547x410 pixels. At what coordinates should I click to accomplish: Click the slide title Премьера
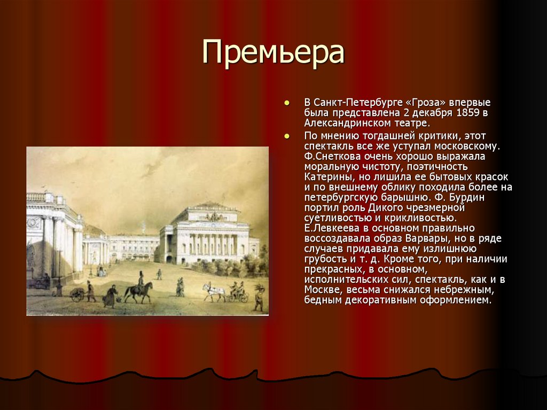point(273,53)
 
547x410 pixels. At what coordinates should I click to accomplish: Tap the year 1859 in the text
point(468,113)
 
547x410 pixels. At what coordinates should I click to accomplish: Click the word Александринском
point(343,123)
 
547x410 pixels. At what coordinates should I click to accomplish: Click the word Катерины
point(329,176)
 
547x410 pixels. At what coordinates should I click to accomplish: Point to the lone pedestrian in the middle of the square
point(159,274)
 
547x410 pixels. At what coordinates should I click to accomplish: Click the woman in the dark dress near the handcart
point(110,297)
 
